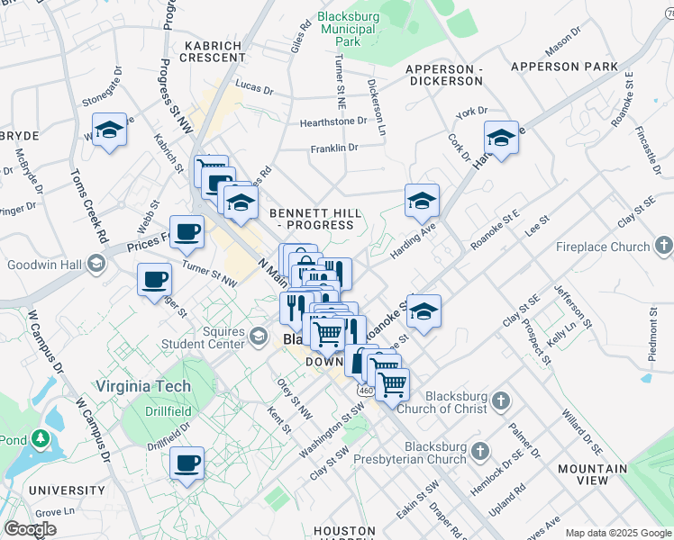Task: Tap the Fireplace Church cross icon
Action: coord(663,246)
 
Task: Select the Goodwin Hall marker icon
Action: coord(96,265)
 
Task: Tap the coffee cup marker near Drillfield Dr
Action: coord(187,463)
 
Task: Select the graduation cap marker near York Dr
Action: coord(501,138)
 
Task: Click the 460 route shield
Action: coord(365,391)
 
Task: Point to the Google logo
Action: coord(31,529)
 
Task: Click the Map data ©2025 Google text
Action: coord(617,533)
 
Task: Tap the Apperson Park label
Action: coord(564,67)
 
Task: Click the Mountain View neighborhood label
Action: coord(593,475)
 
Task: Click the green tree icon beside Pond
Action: coord(40,438)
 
